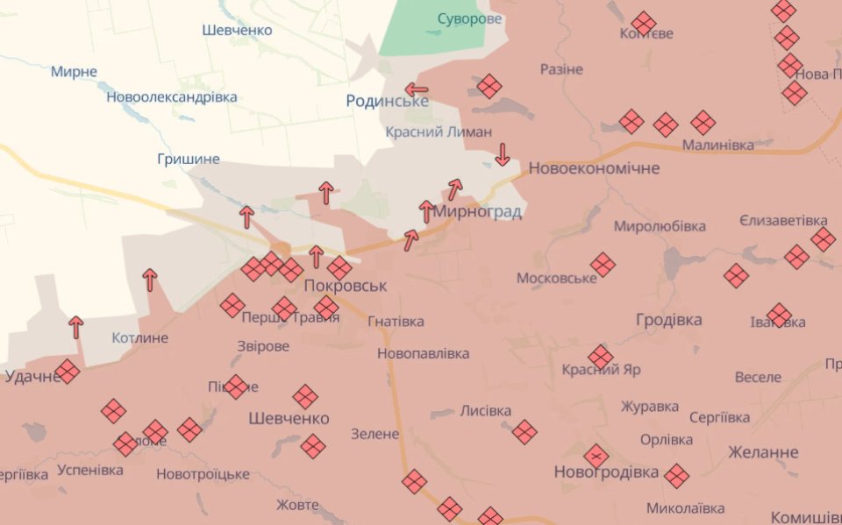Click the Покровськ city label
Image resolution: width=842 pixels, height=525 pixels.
point(345,286)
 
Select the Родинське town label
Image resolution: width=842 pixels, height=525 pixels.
point(387,101)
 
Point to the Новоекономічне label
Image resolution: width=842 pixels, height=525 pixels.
point(594,167)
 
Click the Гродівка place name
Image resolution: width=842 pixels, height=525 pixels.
point(668,320)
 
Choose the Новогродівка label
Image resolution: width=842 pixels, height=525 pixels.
point(606,472)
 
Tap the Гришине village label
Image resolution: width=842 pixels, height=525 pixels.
point(188,159)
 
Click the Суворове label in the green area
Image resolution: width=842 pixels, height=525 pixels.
point(469,18)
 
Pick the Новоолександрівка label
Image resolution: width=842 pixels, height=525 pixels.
point(172,97)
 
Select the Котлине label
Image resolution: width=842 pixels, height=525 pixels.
point(140,337)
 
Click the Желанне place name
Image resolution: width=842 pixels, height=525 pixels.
point(763,452)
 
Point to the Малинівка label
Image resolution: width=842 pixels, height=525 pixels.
point(717,145)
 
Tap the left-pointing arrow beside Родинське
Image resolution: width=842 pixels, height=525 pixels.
point(417,89)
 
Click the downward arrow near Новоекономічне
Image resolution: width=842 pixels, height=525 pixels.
point(503,155)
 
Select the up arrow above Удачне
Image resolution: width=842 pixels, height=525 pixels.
point(76,327)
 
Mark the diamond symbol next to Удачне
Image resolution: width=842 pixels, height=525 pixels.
point(67,372)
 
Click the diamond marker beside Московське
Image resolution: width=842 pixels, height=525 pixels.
point(603,265)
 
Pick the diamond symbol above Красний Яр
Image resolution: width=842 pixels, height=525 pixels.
point(601,357)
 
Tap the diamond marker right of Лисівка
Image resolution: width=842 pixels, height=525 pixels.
point(524,431)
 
